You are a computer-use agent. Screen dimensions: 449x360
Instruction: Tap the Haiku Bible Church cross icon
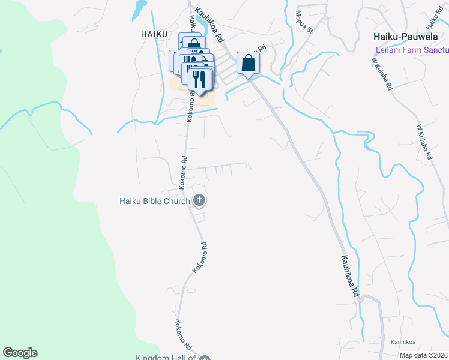click(199, 201)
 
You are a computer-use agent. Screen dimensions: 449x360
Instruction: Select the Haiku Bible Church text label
click(154, 201)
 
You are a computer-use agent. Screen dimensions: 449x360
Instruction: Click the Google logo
click(20, 353)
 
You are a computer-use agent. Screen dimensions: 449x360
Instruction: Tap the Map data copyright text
click(424, 355)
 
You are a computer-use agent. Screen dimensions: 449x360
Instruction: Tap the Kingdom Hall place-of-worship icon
click(205, 358)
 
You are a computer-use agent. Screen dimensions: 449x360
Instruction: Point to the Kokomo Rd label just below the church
click(200, 258)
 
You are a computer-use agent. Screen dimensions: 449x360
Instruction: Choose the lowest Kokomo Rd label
click(182, 335)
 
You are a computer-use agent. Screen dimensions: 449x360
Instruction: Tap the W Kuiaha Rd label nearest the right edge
click(424, 142)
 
